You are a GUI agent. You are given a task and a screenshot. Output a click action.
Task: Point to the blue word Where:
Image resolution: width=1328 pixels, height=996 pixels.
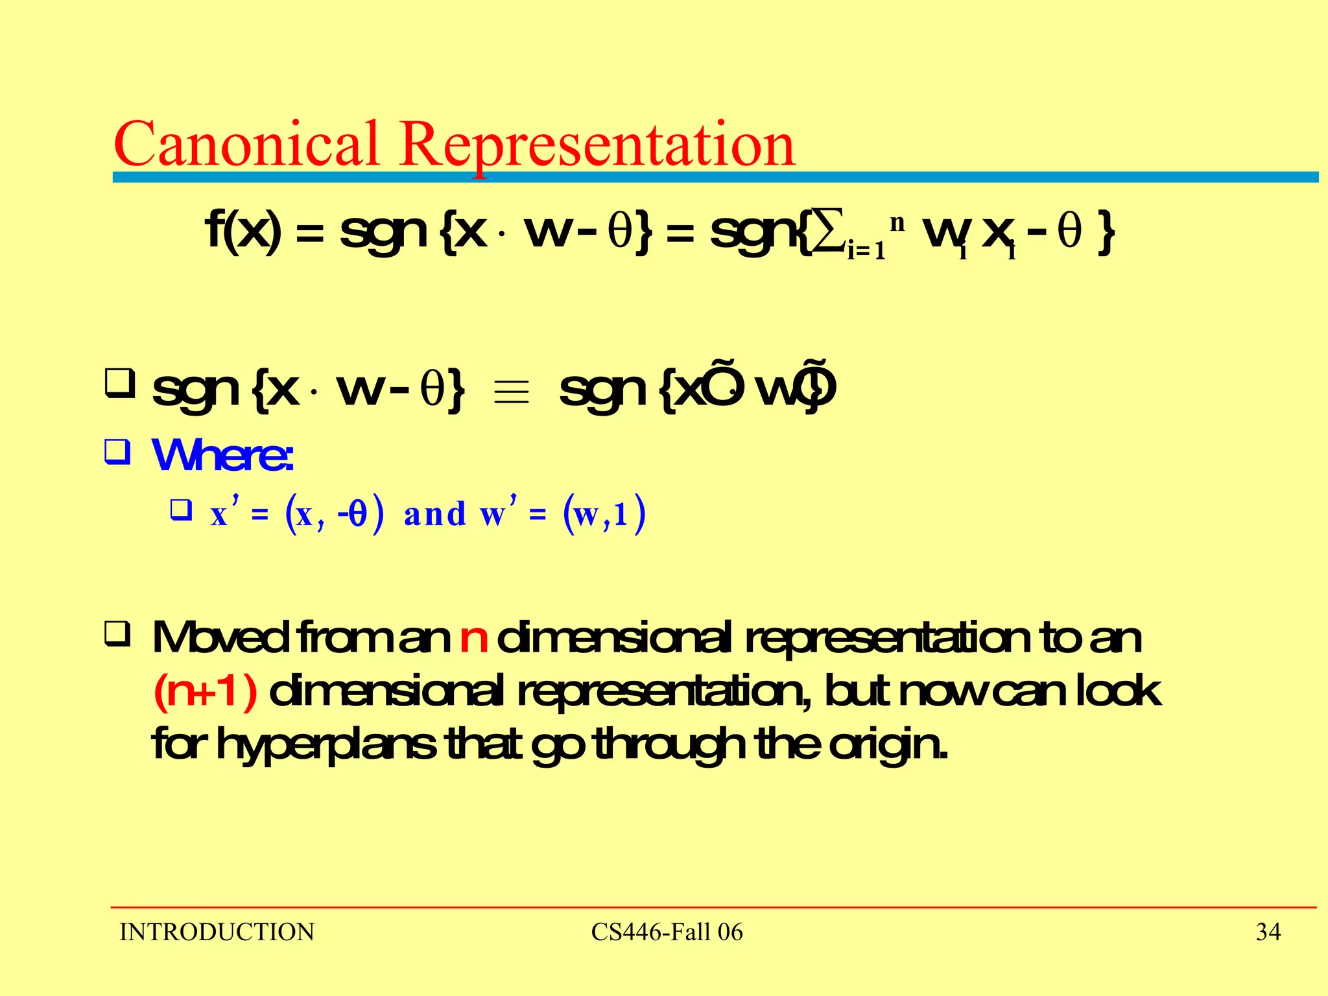pyautogui.click(x=222, y=455)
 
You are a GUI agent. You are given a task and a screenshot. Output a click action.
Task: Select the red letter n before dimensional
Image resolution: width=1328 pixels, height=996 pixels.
pyautogui.click(x=473, y=638)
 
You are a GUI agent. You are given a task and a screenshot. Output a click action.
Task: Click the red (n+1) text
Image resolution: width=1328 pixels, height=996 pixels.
pyautogui.click(x=206, y=692)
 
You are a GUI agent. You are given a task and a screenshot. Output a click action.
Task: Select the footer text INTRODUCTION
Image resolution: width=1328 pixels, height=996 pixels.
pyautogui.click(x=217, y=932)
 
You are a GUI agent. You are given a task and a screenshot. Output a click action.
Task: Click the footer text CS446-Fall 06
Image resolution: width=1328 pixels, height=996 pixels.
pyautogui.click(x=667, y=932)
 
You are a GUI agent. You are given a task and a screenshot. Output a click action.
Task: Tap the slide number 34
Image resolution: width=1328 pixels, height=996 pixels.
pyautogui.click(x=1268, y=932)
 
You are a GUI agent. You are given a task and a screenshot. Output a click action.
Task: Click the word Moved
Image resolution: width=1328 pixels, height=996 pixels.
pyautogui.click(x=220, y=638)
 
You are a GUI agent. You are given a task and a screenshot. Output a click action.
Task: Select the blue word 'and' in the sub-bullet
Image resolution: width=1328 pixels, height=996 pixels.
pyautogui.click(x=434, y=515)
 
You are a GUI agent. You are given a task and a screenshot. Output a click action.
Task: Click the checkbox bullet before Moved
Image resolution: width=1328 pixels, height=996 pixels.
pyautogui.click(x=118, y=635)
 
